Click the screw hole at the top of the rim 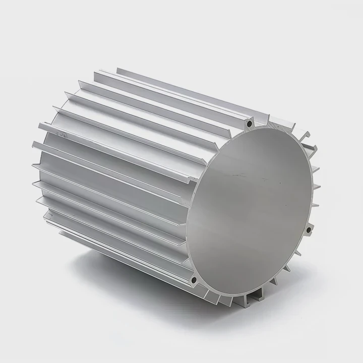[x=249, y=123]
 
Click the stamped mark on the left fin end [x=63, y=135]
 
